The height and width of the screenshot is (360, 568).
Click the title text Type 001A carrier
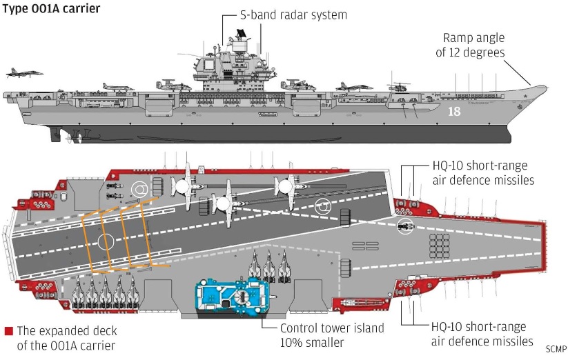(51, 8)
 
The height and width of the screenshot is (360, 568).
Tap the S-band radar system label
(293, 15)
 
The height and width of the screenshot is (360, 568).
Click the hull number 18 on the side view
(454, 111)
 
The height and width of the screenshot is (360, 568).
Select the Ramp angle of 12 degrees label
(470, 45)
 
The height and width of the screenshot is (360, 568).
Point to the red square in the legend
(9, 331)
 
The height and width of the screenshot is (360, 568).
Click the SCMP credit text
(556, 349)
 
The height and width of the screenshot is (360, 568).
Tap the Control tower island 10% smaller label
(332, 335)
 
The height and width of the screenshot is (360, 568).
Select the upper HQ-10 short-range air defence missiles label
(483, 173)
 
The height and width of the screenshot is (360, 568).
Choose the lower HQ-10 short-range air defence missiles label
(482, 334)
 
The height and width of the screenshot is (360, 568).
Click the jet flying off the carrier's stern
(24, 72)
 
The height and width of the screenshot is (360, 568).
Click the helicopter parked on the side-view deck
(398, 87)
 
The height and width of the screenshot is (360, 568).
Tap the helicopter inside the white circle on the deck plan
(405, 226)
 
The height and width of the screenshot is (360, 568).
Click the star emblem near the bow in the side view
(525, 97)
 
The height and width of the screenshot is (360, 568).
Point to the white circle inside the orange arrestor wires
(106, 241)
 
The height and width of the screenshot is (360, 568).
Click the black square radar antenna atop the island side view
(241, 34)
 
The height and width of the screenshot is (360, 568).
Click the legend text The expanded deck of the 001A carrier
(67, 338)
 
